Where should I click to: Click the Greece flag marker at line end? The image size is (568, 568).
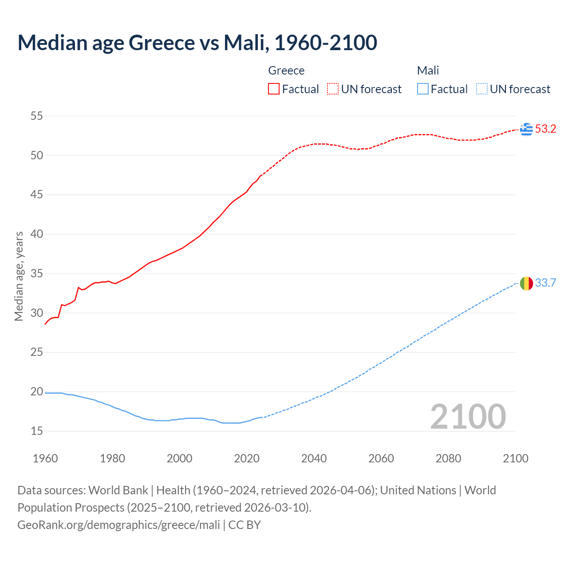click(x=526, y=129)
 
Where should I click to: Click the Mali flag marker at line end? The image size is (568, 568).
click(x=526, y=283)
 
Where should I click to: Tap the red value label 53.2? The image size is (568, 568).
click(x=545, y=129)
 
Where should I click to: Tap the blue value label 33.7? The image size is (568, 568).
click(x=545, y=283)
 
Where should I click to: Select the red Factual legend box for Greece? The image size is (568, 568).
click(x=274, y=89)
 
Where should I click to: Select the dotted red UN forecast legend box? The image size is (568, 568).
click(x=333, y=89)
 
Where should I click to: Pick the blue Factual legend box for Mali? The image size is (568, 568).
click(x=423, y=89)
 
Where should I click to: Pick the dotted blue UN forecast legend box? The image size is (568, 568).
click(x=482, y=89)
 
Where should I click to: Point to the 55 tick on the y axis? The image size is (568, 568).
click(x=36, y=116)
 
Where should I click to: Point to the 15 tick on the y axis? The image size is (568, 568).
click(x=36, y=431)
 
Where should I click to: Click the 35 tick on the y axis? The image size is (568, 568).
click(x=36, y=274)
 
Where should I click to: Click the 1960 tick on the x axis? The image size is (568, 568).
click(x=45, y=458)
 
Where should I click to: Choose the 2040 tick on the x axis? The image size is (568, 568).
click(x=314, y=458)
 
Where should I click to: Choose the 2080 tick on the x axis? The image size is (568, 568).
click(x=448, y=458)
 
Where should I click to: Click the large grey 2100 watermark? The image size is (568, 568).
click(x=468, y=417)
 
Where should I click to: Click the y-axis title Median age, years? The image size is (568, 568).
click(x=19, y=276)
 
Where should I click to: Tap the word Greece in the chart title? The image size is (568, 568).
click(x=162, y=43)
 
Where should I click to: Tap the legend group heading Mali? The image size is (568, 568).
click(x=428, y=71)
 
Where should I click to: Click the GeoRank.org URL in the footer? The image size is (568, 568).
click(x=118, y=525)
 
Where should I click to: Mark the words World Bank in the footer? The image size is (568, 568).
click(x=118, y=490)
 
